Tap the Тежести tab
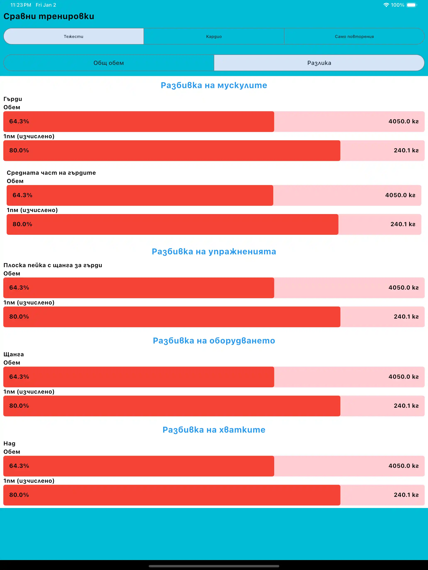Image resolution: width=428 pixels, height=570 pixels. pyautogui.click(x=73, y=36)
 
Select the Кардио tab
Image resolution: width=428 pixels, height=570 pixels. pyautogui.click(x=214, y=36)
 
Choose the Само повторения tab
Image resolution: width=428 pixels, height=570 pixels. pyautogui.click(x=354, y=36)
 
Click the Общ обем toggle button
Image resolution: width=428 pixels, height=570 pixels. pyautogui.click(x=108, y=63)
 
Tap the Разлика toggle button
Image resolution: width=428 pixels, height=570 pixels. pyautogui.click(x=319, y=63)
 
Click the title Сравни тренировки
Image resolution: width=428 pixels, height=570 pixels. pyautogui.click(x=49, y=16)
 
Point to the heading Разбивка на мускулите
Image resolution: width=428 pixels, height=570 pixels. pyautogui.click(x=214, y=85)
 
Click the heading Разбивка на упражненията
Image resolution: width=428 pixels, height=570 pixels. pyautogui.click(x=214, y=251)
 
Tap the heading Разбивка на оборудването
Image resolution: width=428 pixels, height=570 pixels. pyautogui.click(x=214, y=341)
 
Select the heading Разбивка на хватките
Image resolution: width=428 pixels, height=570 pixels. pyautogui.click(x=214, y=430)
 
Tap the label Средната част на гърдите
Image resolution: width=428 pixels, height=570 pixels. pyautogui.click(x=51, y=173)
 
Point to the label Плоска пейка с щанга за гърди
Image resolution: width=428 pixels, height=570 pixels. pyautogui.click(x=53, y=266)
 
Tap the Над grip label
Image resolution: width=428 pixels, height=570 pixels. pyautogui.click(x=9, y=444)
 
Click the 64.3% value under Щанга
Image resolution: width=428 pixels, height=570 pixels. pyautogui.click(x=19, y=377)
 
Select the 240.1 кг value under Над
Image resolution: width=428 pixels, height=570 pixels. pyautogui.click(x=406, y=495)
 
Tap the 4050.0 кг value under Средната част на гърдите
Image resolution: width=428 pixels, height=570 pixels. pyautogui.click(x=400, y=195)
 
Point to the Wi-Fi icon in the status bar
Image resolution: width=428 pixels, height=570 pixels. pyautogui.click(x=386, y=5)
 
